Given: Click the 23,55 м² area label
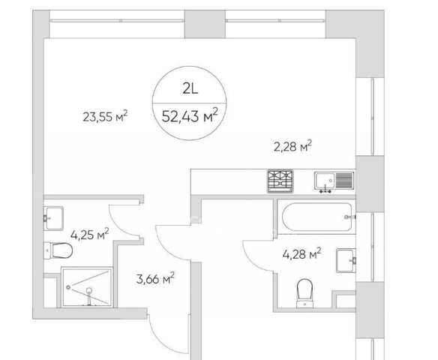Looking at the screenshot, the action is point(105,116).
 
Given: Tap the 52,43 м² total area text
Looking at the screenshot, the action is point(190,116).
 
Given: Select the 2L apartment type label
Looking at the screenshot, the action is point(190,89).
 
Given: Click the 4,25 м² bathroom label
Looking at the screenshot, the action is point(90,234).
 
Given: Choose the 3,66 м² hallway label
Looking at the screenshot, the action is point(155,279).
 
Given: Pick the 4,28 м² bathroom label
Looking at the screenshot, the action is point(301,253).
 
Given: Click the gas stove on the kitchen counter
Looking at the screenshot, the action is point(280,181).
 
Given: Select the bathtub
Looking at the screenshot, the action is point(318,217).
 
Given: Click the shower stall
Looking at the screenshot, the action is point(87,287).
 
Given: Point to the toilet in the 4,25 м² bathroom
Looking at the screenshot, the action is point(58,250).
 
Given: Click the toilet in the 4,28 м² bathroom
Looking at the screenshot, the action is point(304,293).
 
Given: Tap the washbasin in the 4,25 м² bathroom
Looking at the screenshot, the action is point(53,218).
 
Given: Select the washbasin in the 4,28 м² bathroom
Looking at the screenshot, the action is point(346,260).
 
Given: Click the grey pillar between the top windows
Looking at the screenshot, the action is point(205,24).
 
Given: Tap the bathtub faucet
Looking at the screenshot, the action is point(350,217).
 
